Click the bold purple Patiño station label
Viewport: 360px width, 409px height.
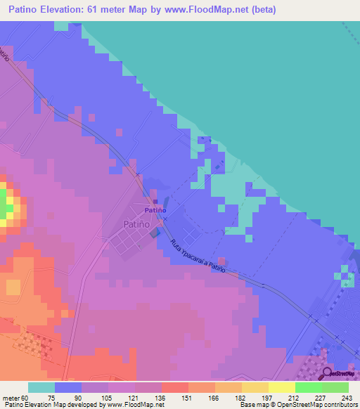[155, 209]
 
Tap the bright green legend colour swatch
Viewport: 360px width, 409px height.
[308, 387]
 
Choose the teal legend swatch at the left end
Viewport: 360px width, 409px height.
[41, 387]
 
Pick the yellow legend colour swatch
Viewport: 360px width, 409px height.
[255, 387]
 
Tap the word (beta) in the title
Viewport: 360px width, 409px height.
[262, 10]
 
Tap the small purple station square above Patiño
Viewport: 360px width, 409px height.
[155, 202]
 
